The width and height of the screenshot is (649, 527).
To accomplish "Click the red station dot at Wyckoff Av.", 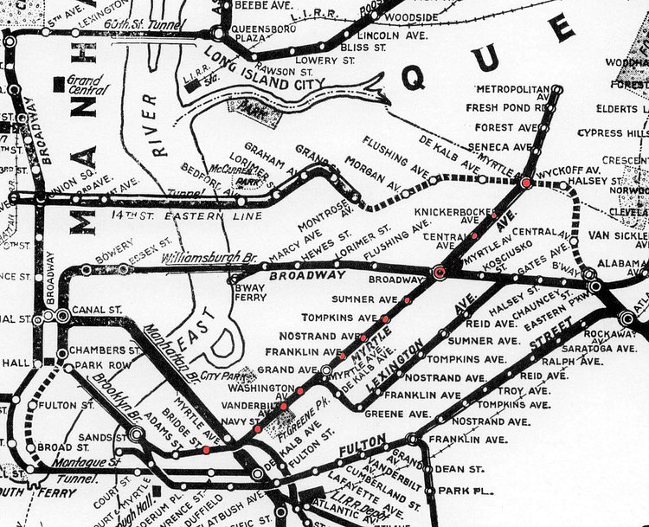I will (x=525, y=183).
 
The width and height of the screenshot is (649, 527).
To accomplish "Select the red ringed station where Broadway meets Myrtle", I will (x=439, y=273).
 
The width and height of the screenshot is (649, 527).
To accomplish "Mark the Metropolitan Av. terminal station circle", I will (x=557, y=89).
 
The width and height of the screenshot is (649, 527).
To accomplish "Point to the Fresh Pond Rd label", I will (x=504, y=108).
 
